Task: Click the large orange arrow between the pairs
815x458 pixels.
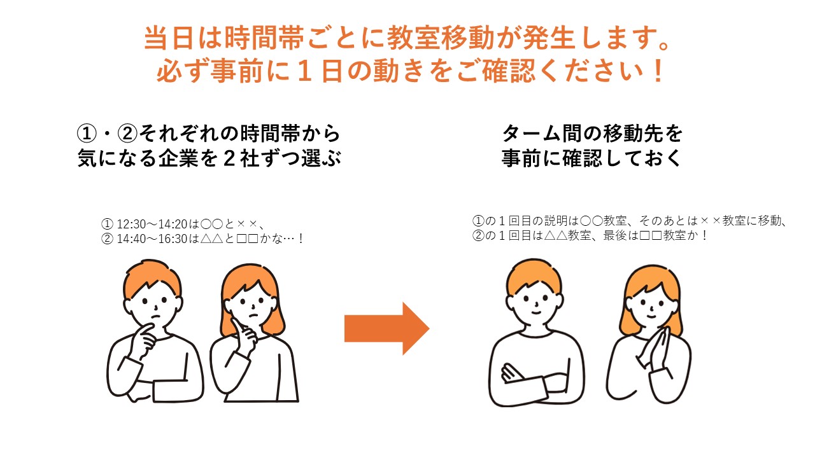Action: click(x=386, y=329)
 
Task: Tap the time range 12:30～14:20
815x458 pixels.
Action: click(x=152, y=224)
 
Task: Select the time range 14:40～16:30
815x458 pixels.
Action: click(x=152, y=239)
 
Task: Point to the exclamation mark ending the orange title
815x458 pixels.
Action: click(x=658, y=71)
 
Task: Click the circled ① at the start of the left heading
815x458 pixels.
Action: click(x=87, y=134)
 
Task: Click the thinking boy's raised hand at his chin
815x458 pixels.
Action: click(x=145, y=339)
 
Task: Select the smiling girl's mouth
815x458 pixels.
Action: click(x=651, y=317)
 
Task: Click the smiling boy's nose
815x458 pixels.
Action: click(x=536, y=303)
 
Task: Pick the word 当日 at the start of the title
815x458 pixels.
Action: click(x=169, y=38)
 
